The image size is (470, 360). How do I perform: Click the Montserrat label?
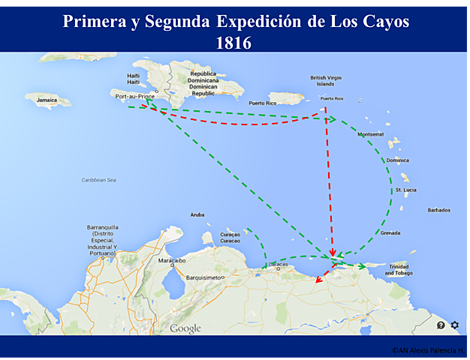[x=371, y=134]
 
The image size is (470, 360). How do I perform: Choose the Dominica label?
[x=397, y=160]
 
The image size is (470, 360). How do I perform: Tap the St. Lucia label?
[x=405, y=190]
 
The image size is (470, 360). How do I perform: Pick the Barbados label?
[x=438, y=210]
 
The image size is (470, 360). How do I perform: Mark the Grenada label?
[x=390, y=232]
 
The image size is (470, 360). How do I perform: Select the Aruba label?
[x=197, y=214]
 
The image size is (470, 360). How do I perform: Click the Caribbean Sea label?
[x=99, y=180]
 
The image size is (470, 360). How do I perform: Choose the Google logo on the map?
[x=185, y=328]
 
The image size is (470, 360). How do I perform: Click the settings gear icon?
[x=455, y=325]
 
